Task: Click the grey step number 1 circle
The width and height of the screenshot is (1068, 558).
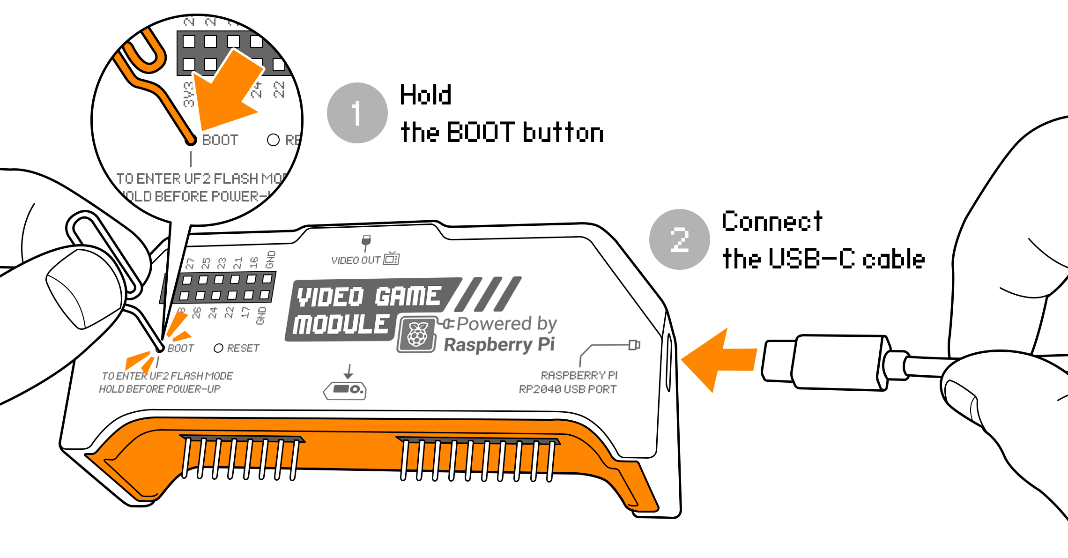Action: pyautogui.click(x=357, y=113)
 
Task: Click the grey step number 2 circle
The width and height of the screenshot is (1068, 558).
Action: pyautogui.click(x=679, y=239)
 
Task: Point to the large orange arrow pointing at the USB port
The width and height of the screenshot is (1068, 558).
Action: pyautogui.click(x=719, y=360)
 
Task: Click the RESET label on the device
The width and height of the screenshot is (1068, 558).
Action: pyautogui.click(x=243, y=348)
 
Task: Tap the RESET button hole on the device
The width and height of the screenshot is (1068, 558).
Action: pyautogui.click(x=218, y=348)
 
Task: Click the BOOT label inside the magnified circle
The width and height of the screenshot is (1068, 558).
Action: pyautogui.click(x=220, y=140)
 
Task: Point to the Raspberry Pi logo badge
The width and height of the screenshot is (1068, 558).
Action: pyautogui.click(x=417, y=334)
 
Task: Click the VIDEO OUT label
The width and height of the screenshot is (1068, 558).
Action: pyautogui.click(x=356, y=260)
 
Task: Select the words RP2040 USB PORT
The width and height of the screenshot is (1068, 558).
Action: pyautogui.click(x=567, y=389)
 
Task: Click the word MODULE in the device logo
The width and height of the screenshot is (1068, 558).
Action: pyautogui.click(x=341, y=324)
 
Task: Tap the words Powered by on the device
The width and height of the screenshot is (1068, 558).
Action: pyautogui.click(x=506, y=324)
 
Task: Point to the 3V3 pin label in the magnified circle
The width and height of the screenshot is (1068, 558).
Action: pyautogui.click(x=188, y=94)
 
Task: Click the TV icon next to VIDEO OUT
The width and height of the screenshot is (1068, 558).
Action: pyautogui.click(x=392, y=258)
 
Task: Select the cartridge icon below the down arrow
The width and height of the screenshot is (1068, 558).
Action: pyautogui.click(x=345, y=390)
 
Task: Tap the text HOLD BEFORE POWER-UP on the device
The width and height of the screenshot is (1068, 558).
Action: pyautogui.click(x=159, y=389)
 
